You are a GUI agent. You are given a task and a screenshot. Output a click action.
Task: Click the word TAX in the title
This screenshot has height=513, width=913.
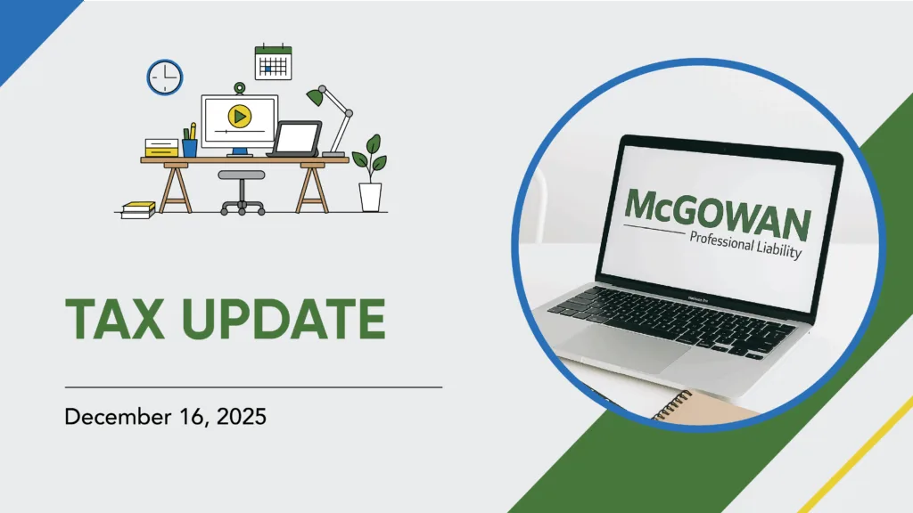(114, 319)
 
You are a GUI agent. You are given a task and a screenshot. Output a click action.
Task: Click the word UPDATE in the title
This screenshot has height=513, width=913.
(284, 319)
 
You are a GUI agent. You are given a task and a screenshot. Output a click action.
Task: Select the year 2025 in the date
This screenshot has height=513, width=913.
(241, 417)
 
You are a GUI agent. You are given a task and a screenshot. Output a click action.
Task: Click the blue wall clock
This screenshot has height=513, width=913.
(165, 77)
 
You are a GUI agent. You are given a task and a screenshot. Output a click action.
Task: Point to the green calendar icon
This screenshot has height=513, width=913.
(273, 61)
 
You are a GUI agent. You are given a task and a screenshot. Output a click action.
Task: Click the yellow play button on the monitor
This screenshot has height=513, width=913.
(239, 117)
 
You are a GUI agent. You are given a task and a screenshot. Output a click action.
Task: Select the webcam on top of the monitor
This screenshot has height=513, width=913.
(239, 88)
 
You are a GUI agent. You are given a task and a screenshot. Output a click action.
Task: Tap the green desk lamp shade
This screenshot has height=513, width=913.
(315, 96)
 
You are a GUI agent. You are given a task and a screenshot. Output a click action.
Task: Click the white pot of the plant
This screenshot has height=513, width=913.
(370, 197)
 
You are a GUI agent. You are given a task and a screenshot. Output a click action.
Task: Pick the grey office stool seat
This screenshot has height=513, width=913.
(241, 175)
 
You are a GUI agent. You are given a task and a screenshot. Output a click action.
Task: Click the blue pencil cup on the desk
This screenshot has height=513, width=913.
(190, 148)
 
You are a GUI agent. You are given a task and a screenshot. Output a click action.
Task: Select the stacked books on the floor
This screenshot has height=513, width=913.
(138, 210)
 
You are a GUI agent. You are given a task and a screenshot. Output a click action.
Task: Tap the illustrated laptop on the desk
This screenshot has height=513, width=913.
(296, 139)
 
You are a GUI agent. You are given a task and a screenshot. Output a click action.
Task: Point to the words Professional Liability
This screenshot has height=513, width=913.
(746, 244)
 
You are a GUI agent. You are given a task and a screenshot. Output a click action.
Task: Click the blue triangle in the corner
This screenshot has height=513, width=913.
(26, 26)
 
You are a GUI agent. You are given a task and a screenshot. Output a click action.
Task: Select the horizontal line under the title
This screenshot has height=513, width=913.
(253, 387)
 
